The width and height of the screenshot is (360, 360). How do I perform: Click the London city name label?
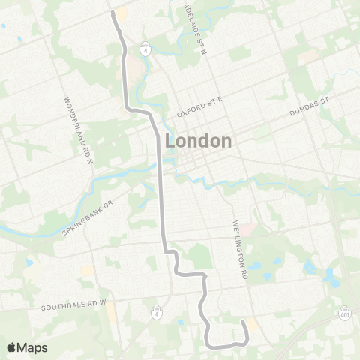point(198,141)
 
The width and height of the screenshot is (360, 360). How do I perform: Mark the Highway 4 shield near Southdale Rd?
point(156,310)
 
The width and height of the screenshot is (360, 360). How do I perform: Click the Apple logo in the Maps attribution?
point(11,347)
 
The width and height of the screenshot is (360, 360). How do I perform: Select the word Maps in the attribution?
point(33,347)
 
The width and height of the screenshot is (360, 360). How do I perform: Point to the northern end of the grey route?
point(113,12)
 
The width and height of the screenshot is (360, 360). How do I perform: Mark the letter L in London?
point(169,141)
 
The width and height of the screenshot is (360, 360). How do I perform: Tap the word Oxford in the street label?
point(187,113)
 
